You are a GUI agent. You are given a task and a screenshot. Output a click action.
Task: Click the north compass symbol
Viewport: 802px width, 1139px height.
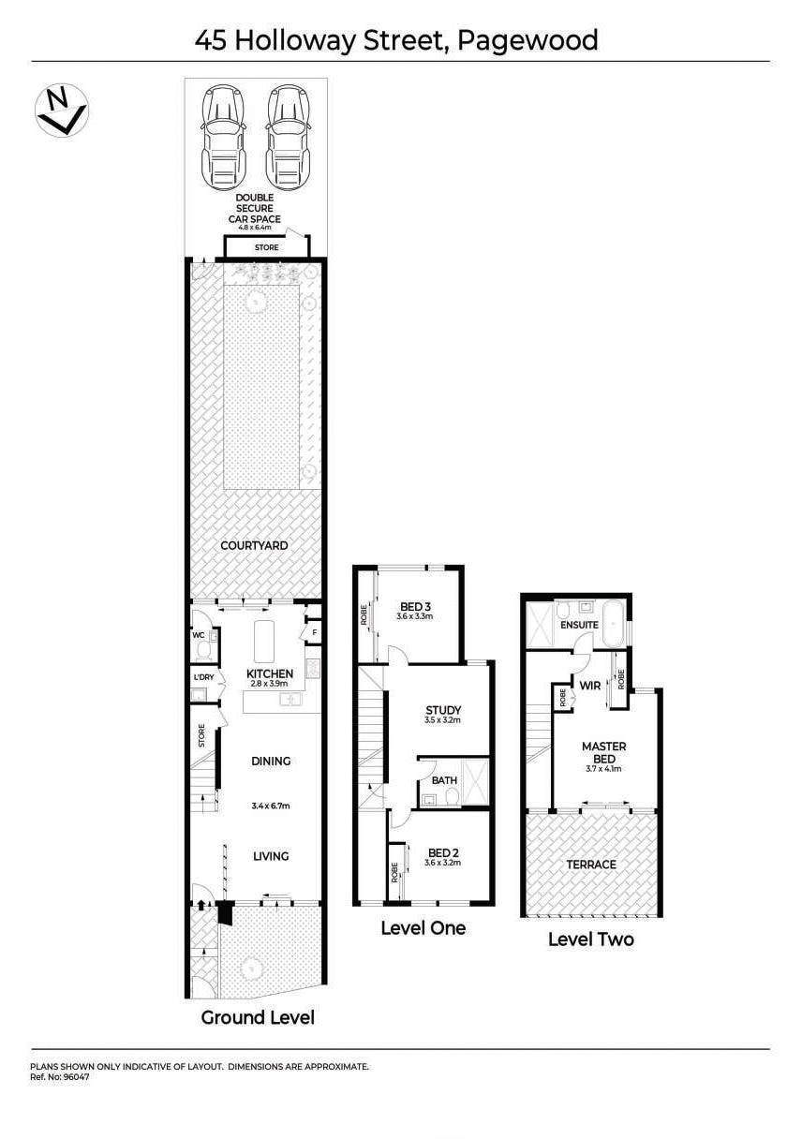click(x=61, y=111)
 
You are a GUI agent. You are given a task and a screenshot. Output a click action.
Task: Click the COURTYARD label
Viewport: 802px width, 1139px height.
click(x=254, y=545)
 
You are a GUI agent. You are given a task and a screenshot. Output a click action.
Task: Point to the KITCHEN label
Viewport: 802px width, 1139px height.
click(x=270, y=673)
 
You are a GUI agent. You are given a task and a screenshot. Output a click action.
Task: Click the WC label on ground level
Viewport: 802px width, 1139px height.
click(x=199, y=635)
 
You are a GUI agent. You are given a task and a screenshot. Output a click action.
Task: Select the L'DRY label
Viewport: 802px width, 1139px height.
click(x=203, y=676)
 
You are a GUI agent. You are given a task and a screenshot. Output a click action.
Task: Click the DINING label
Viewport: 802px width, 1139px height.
click(x=270, y=762)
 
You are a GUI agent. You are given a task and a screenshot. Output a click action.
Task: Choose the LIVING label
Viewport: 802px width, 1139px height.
click(x=270, y=856)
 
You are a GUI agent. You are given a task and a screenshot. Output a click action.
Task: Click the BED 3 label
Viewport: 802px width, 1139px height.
click(x=415, y=605)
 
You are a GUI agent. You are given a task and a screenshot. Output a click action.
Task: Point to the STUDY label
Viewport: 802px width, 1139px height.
click(x=442, y=710)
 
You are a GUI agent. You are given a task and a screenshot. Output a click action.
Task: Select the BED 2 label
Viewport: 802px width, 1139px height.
click(x=442, y=852)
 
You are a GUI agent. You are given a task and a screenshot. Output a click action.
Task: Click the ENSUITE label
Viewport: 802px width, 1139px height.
click(x=579, y=625)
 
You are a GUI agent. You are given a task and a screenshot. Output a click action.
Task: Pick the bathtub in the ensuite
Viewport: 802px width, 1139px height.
click(x=615, y=625)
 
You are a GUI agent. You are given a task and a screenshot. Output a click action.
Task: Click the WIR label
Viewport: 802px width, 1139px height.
click(x=589, y=686)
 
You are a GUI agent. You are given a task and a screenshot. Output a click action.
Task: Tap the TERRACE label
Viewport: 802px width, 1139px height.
click(x=592, y=864)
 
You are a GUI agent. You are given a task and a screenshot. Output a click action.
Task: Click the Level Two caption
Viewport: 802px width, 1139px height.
click(x=590, y=939)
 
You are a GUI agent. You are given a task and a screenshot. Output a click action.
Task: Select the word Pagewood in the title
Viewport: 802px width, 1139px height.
click(x=528, y=40)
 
